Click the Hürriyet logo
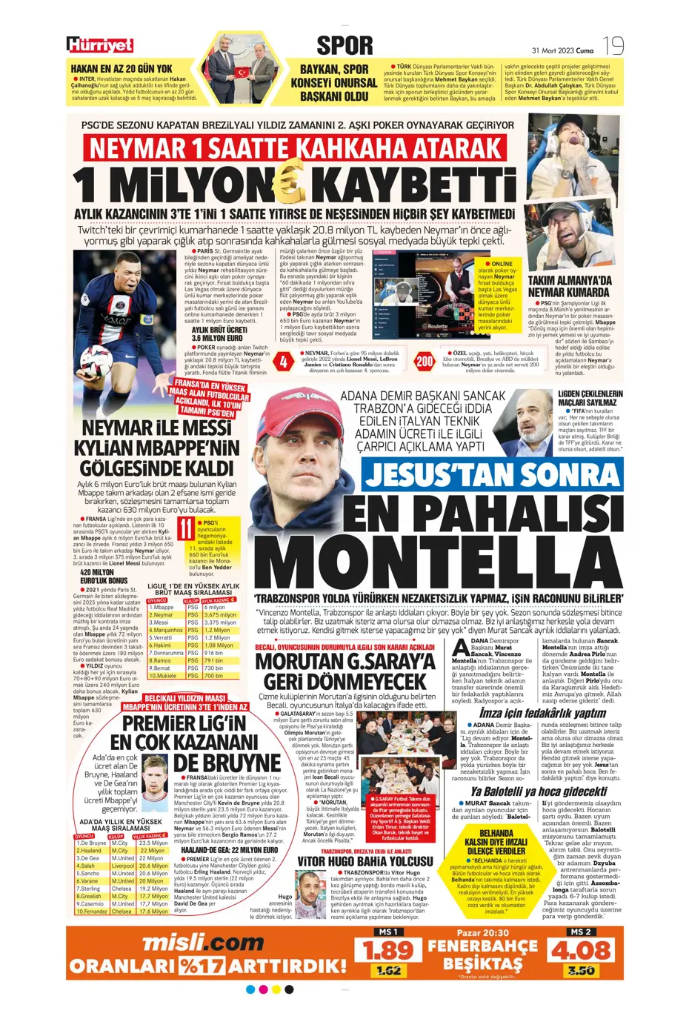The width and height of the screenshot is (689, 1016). point(100,45)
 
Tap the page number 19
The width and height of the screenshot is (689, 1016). point(613,46)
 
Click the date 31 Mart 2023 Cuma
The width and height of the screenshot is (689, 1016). point(562,50)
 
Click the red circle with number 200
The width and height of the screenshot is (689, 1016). point(424,362)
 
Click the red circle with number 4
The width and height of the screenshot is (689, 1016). point(284,362)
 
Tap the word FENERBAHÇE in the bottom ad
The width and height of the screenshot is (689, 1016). point(482,946)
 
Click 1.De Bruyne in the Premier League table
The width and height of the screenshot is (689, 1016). point(92,843)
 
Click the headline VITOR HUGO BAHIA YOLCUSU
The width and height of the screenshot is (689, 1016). point(365,861)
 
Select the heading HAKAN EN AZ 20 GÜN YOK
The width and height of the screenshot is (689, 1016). point(126,68)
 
